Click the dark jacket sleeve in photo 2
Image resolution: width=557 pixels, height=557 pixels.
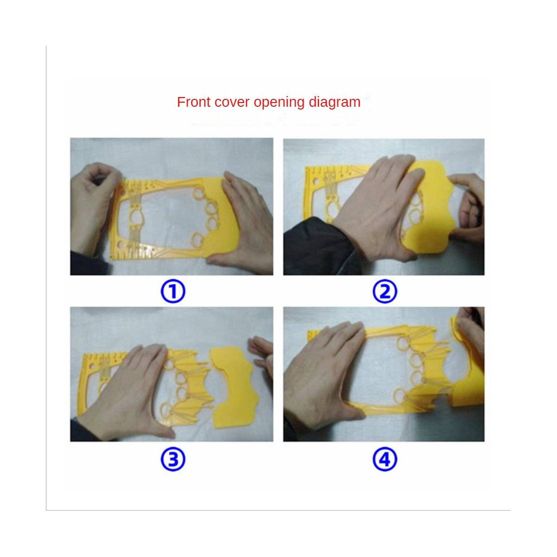point(318,249)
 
